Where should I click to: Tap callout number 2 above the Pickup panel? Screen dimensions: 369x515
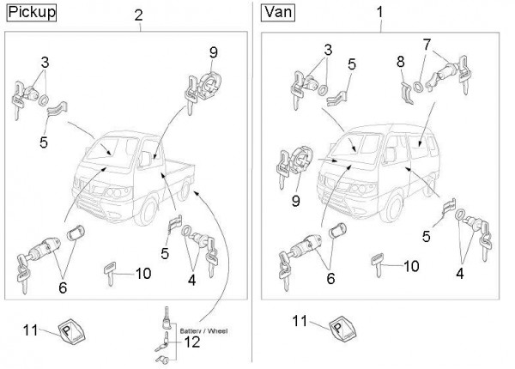click(x=139, y=16)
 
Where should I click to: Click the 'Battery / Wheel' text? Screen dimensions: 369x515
click(x=202, y=329)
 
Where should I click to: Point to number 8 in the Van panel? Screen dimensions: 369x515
click(x=400, y=61)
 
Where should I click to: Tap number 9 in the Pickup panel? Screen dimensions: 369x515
click(x=213, y=52)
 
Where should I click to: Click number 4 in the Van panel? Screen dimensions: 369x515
click(x=460, y=273)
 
